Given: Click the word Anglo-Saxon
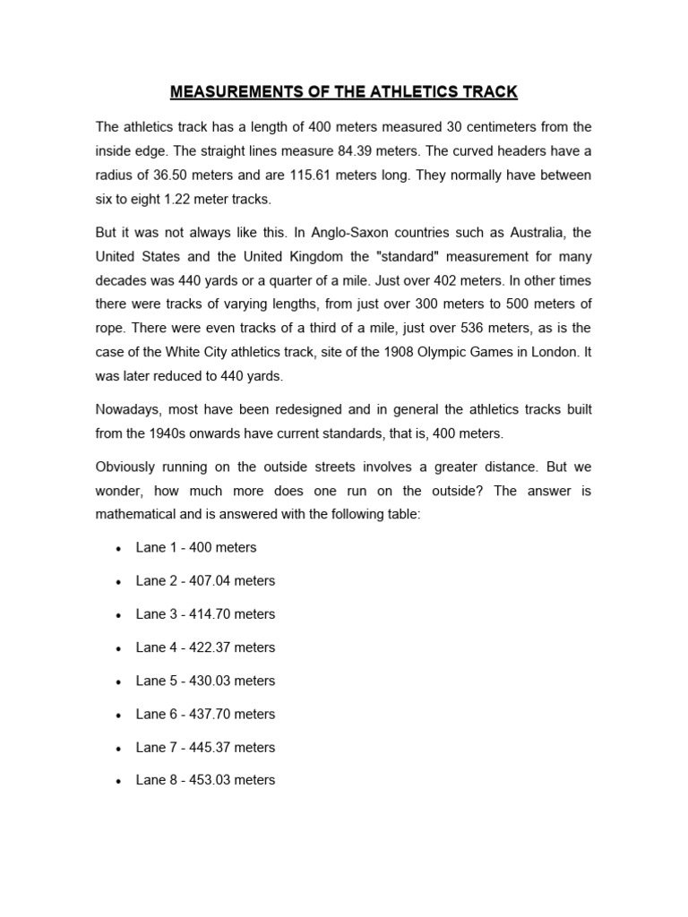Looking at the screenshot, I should (343, 233).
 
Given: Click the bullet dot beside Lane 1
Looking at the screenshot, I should (118, 548).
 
